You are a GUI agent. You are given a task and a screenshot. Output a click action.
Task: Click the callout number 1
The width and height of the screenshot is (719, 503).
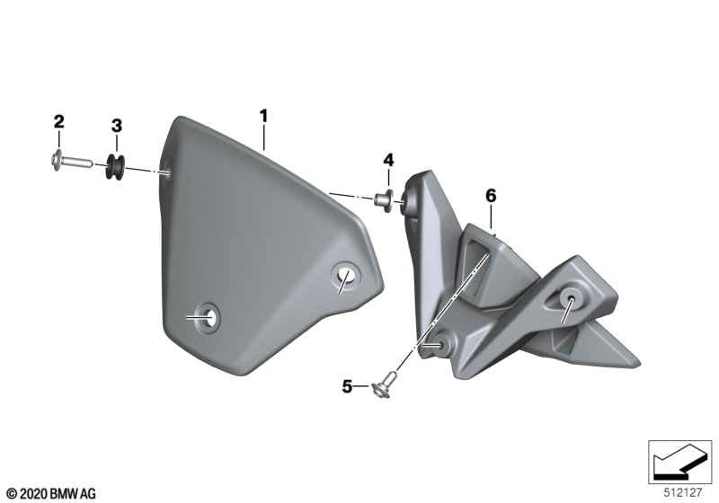point(263,115)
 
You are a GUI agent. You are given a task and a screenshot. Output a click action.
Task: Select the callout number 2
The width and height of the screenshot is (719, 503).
point(58,121)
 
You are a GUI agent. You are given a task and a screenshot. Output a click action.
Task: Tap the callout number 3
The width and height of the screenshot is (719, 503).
point(116,125)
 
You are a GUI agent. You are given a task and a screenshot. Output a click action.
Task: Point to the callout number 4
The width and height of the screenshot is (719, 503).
point(388,159)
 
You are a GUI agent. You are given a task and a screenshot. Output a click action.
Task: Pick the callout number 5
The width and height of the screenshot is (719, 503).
point(347,387)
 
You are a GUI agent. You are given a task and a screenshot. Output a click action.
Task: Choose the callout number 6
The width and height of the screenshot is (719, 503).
point(490,194)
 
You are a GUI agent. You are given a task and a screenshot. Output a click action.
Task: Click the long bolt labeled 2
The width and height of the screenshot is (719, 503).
point(68,163)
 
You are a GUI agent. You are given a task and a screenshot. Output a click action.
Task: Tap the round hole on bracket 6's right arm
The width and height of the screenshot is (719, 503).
point(568,299)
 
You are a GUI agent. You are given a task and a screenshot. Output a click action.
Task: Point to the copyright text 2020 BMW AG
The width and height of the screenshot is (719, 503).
point(50,492)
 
